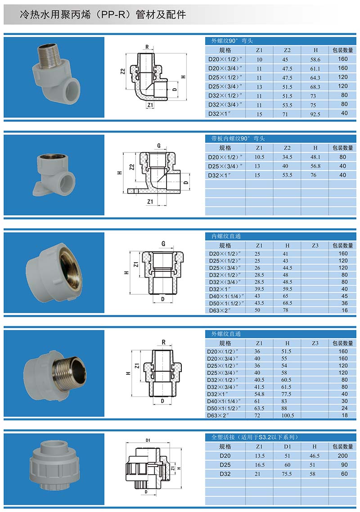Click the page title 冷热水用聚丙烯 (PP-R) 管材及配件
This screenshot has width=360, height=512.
103,15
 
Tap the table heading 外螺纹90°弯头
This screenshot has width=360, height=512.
232,41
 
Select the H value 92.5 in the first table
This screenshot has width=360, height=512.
315,114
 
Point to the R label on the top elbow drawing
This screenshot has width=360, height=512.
147,47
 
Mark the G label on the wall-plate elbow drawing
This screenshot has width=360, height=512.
159,146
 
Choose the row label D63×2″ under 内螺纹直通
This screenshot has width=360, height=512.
220,310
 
